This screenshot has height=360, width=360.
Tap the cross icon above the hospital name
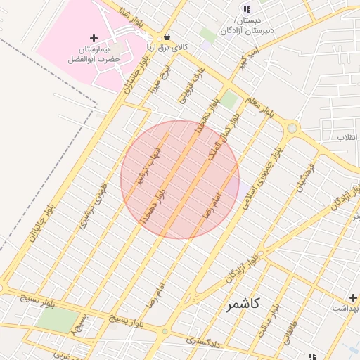pos(94,37)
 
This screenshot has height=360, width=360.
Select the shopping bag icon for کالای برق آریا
pos(167,37)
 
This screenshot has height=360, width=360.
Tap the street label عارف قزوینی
pos(193,84)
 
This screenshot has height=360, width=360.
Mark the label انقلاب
pos(347,136)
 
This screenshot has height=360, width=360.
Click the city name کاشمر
pos(243,304)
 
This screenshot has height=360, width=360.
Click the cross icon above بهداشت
pos(353,297)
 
